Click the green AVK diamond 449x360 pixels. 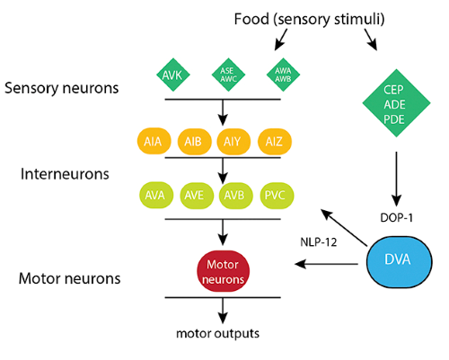(173, 75)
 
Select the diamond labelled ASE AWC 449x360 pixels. (228, 75)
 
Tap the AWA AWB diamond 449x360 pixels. (283, 75)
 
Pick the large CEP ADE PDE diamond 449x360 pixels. (396, 103)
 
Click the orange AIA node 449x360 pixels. (154, 142)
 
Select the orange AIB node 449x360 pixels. (194, 142)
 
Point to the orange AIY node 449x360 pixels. (233, 142)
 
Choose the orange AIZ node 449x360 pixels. (275, 142)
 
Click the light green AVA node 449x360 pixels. (156, 196)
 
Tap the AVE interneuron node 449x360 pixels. (197, 196)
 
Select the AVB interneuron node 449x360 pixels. (236, 196)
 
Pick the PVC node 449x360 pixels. (277, 196)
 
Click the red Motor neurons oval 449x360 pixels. (223, 271)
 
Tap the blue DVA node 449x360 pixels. (400, 262)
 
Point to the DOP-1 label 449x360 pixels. (396, 218)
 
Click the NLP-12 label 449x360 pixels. (319, 241)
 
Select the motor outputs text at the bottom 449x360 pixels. (217, 333)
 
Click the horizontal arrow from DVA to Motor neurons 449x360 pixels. (326, 264)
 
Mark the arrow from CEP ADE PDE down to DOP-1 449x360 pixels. (396, 179)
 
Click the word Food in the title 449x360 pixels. (251, 19)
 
